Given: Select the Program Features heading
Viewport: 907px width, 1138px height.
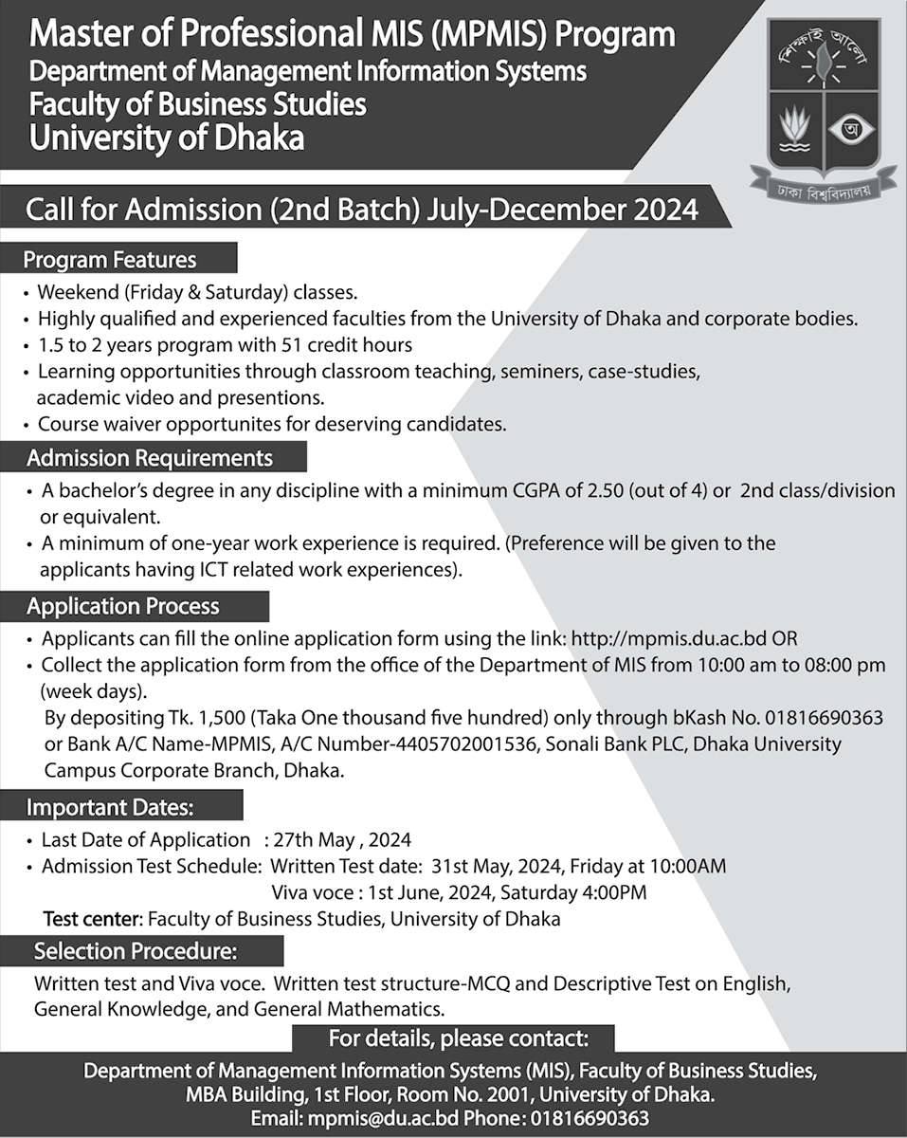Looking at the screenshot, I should click(110, 259).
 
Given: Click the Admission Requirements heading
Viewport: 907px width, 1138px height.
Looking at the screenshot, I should click(150, 458).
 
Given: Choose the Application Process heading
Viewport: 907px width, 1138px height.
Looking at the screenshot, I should click(123, 606).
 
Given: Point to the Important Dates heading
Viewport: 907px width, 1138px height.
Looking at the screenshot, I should click(111, 808).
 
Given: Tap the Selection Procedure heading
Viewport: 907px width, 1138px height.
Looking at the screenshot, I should click(136, 949).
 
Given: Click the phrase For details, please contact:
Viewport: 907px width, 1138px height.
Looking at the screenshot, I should click(458, 1037).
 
